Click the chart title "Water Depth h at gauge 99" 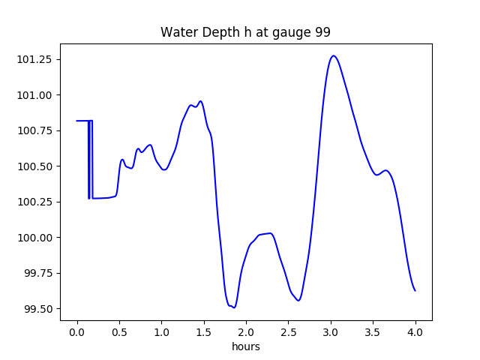245,32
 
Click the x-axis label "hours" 245,347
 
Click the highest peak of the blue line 334,55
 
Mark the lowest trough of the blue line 234,307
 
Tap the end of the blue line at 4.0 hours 415,290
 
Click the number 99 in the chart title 322,32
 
